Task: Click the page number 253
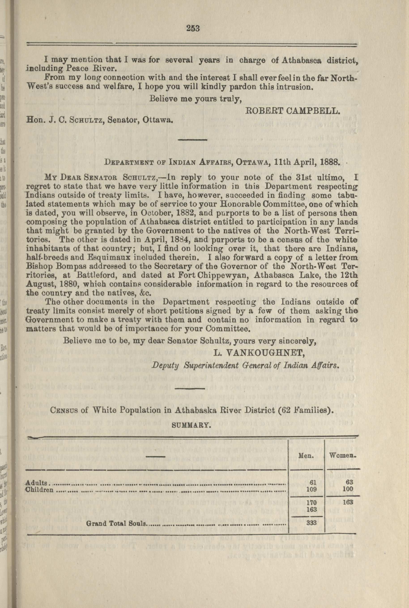click(x=193, y=28)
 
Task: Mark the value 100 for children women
click(x=347, y=489)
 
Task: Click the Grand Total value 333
click(x=311, y=521)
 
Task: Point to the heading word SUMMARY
click(x=191, y=425)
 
